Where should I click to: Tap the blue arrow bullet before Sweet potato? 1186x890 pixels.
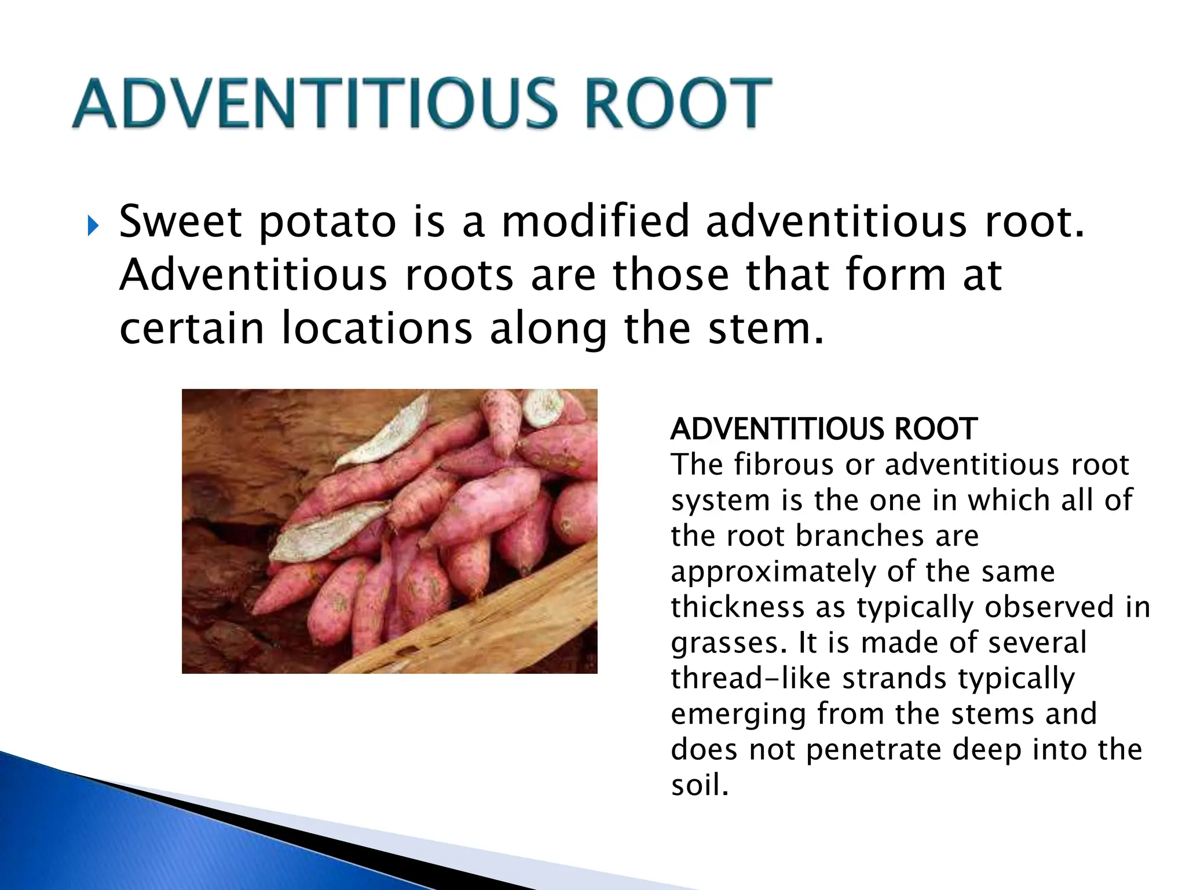93,227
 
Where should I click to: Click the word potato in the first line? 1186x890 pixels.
327,223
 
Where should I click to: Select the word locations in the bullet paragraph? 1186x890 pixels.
377,329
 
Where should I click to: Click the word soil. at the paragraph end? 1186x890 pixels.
700,786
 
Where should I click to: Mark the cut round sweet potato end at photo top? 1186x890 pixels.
543,407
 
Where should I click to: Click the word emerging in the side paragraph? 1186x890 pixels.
738,714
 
